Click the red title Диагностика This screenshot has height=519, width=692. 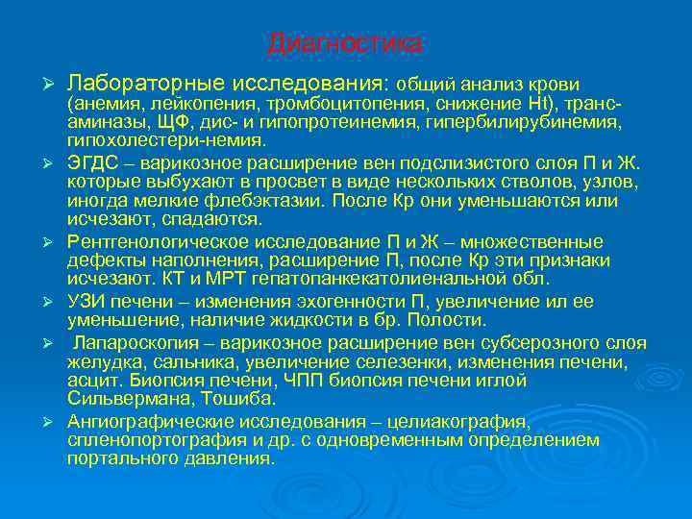(344, 44)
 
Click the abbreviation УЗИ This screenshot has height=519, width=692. (87, 300)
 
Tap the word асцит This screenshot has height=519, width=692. (89, 380)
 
